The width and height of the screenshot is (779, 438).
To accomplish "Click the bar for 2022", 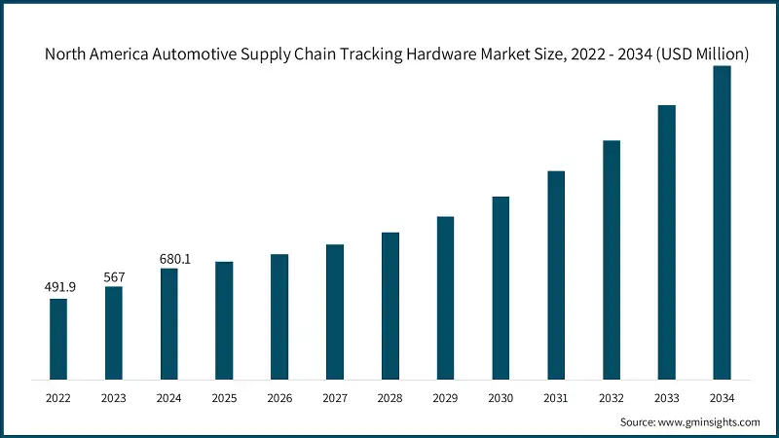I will coord(58,339).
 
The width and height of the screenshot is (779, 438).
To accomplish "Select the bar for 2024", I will coord(168,323).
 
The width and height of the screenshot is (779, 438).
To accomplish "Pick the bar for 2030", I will coord(501,287).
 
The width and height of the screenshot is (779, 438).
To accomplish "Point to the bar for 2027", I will coord(334,311).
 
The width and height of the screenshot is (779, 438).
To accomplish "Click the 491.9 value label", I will coord(58,287).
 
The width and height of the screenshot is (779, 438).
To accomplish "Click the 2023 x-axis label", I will coord(114,397).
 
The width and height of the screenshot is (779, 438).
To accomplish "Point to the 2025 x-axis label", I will coord(224,397).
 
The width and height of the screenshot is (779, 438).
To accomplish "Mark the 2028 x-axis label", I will coord(389,397).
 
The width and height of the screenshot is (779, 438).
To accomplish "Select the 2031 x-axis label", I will coord(556,397).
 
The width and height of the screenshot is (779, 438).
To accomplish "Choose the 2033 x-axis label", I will coord(666,397).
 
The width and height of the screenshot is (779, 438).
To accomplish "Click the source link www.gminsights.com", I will coord(711,422).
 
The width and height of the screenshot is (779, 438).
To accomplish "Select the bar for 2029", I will coord(445,297).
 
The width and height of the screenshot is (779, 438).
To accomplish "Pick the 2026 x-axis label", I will coord(279,397).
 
